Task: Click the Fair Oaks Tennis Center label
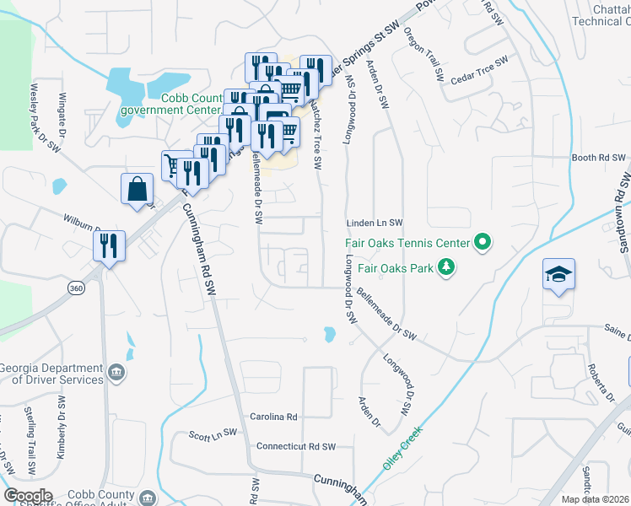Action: pyautogui.click(x=407, y=244)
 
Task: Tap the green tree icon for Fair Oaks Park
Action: pyautogui.click(x=446, y=268)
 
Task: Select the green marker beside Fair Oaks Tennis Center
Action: pyautogui.click(x=482, y=244)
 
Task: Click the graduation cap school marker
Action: pyautogui.click(x=558, y=275)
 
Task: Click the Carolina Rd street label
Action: pyautogui.click(x=274, y=417)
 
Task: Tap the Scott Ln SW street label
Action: pyautogui.click(x=212, y=435)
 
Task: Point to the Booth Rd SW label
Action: pyautogui.click(x=599, y=158)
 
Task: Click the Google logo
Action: pyautogui.click(x=28, y=495)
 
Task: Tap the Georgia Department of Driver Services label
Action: pyautogui.click(x=52, y=374)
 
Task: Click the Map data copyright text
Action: pyautogui.click(x=596, y=499)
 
